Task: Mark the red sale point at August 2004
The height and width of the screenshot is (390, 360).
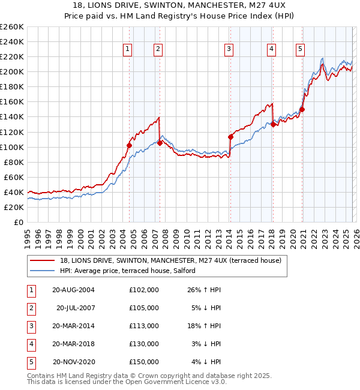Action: click(129, 145)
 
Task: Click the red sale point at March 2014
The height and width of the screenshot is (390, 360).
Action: click(230, 137)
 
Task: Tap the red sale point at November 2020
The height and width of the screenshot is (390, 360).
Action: click(302, 109)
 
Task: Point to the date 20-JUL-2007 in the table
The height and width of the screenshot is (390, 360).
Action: click(75, 307)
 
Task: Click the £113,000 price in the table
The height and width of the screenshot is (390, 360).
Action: click(144, 325)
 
